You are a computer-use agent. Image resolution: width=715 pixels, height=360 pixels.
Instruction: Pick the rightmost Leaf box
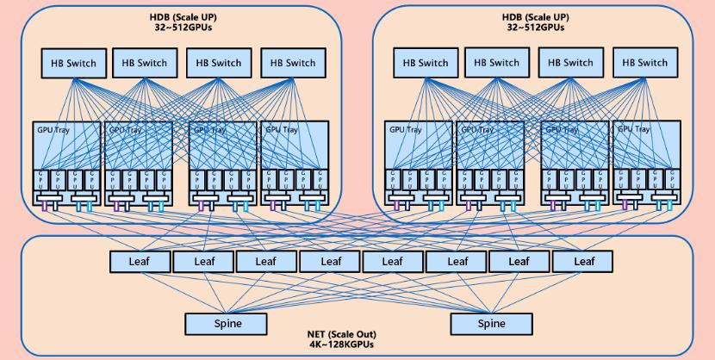pyautogui.click(x=583, y=261)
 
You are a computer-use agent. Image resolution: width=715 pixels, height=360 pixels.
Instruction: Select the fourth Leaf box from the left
pyautogui.click(x=329, y=261)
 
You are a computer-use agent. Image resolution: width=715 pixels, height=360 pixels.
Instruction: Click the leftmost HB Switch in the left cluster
pyautogui.click(x=74, y=63)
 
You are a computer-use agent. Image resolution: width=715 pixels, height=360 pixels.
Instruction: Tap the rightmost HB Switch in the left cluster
pyautogui.click(x=289, y=63)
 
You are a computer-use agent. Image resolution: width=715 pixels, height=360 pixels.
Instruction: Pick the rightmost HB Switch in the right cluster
pyautogui.click(x=640, y=63)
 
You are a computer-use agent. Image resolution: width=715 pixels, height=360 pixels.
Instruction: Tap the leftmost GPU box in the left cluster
pyautogui.click(x=40, y=181)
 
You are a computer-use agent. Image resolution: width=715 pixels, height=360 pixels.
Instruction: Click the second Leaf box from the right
pyautogui.click(x=519, y=261)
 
